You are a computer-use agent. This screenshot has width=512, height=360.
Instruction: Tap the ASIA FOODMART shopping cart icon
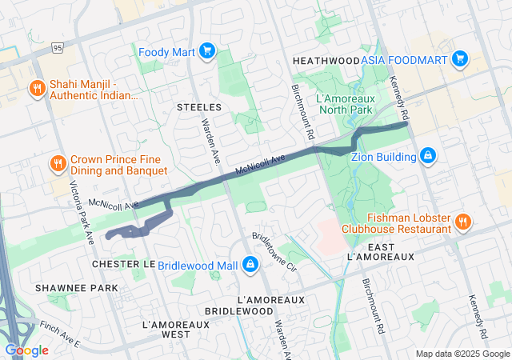(x=459, y=59)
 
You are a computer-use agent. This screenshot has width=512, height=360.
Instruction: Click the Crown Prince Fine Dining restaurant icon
(x=58, y=164)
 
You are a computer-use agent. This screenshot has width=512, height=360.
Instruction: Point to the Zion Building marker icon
(x=428, y=155)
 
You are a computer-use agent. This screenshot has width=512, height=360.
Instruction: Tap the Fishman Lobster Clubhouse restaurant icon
(x=462, y=221)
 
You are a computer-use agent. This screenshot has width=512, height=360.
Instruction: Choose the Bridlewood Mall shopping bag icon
(x=250, y=264)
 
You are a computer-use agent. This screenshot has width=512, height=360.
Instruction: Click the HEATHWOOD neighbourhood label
(x=326, y=61)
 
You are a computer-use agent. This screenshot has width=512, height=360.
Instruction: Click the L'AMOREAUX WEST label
(x=175, y=330)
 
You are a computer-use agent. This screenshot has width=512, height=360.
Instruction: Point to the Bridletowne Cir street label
(x=274, y=252)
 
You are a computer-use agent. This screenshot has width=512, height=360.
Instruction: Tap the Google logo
(x=26, y=350)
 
